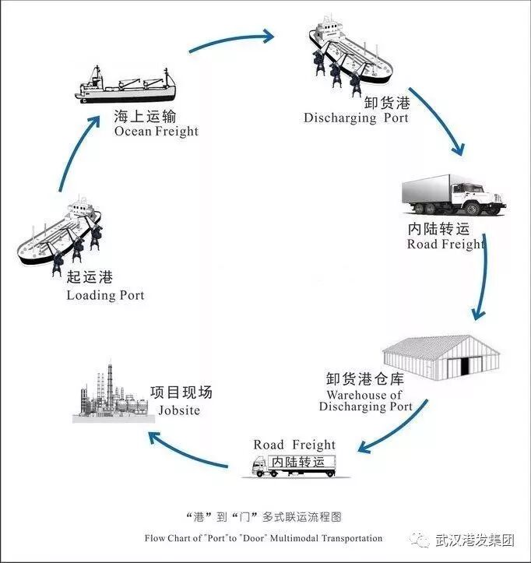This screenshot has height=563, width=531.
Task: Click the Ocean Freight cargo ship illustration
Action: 125,83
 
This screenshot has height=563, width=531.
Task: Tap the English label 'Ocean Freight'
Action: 156,132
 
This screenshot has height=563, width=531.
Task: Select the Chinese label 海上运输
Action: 145,117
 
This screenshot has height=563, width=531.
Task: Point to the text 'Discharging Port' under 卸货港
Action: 356,118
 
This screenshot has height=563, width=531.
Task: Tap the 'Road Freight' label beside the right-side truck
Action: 445,244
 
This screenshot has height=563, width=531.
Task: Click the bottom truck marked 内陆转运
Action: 294,465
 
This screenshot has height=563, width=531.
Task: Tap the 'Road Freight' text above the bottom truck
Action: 294,445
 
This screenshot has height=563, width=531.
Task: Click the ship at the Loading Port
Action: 62,234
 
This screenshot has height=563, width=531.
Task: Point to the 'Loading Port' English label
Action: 105,295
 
